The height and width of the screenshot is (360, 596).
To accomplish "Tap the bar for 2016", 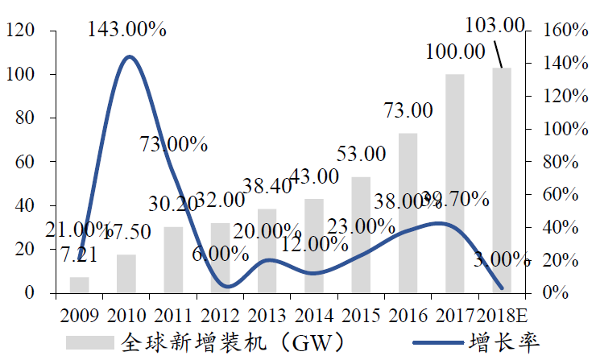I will (408, 213).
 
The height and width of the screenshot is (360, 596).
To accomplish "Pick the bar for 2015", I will (361, 234).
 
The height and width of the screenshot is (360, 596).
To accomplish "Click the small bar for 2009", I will (79, 284).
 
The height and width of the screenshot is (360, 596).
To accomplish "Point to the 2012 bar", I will (220, 257).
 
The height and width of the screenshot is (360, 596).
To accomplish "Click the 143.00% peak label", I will (127, 30).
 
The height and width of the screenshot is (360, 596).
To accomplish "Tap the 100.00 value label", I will (455, 52).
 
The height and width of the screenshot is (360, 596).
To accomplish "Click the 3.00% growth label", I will (502, 259).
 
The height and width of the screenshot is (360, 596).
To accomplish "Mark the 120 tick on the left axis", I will (19, 31).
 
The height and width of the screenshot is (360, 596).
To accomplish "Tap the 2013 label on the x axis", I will (267, 312).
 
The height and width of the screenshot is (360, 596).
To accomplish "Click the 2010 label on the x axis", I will (126, 312).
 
